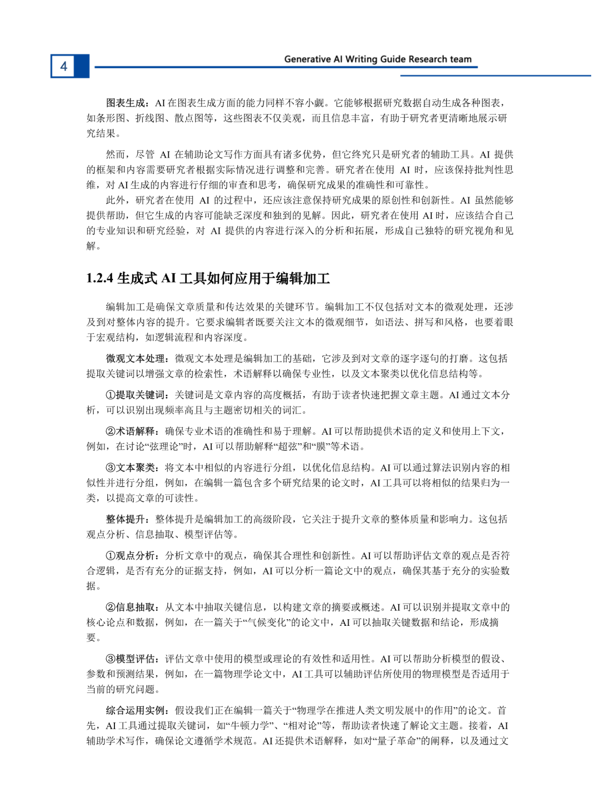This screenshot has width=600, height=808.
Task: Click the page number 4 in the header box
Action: pos(63,66)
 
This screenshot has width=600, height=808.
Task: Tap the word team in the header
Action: pos(461,59)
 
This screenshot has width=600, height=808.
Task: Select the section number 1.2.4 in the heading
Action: pos(100,278)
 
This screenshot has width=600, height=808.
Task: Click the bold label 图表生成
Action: pos(126,103)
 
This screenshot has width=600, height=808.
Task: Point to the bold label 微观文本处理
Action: pos(136,358)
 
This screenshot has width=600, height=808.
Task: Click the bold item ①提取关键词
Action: pos(136,395)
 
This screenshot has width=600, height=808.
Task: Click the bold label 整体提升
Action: pos(126,519)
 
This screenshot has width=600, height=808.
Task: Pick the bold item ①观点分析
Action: pos(131,555)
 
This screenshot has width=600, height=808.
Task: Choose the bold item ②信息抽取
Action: pos(131,607)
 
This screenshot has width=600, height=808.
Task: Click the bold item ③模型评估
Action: pos(131,659)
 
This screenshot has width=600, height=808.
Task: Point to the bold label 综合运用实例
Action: pos(136,710)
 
